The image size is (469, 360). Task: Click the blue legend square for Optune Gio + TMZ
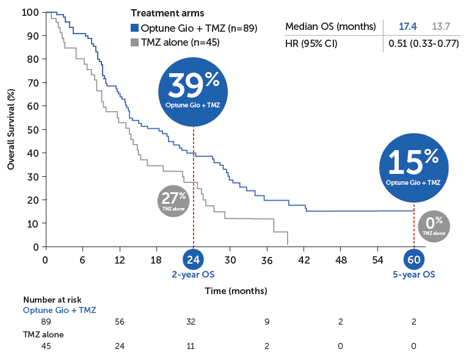[x=135, y=28]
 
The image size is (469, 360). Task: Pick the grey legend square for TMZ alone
[x=135, y=42]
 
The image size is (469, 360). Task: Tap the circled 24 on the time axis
[x=193, y=259]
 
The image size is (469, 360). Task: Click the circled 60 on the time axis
[x=414, y=259]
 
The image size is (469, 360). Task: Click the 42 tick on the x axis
[x=304, y=259]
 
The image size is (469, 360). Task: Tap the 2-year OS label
[x=192, y=275]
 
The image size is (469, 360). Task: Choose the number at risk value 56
[x=119, y=321]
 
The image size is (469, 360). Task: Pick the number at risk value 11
[x=193, y=346]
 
